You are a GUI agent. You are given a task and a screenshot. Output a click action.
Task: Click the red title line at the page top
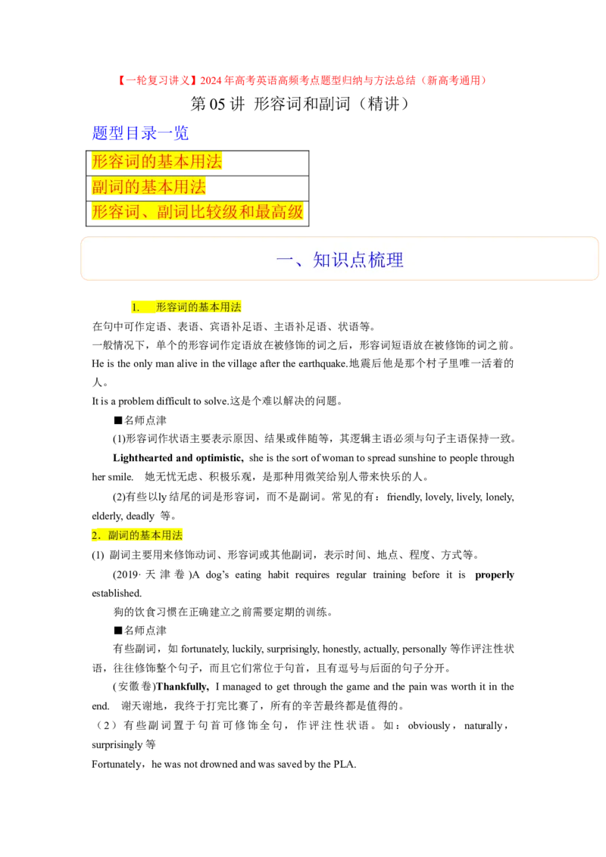point(301,80)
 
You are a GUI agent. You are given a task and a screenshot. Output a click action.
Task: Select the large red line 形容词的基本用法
point(157,161)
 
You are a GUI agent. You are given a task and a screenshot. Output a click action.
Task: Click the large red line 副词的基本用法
point(148,187)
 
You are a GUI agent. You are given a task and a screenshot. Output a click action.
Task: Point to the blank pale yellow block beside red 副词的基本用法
point(255,190)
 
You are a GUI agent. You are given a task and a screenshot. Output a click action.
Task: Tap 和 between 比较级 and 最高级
point(247,212)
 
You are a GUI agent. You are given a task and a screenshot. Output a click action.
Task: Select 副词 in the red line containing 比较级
point(173,212)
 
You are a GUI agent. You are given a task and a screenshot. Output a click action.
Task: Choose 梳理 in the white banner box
point(386,260)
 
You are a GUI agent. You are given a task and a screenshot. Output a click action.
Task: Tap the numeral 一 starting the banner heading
point(284,260)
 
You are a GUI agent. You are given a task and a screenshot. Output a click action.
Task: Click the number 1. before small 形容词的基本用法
point(136,307)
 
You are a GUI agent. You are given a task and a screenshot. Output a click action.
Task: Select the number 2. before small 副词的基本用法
point(96,535)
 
